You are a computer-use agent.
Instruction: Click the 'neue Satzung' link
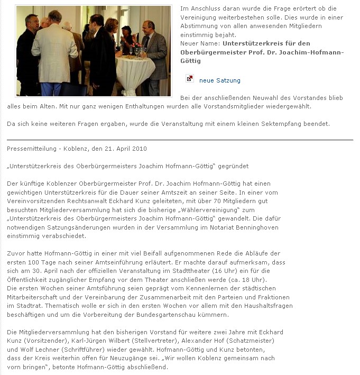point(219,80)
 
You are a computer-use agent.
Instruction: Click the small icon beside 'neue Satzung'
point(190,79)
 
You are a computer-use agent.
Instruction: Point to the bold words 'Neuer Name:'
point(200,43)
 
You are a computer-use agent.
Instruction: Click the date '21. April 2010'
point(125,149)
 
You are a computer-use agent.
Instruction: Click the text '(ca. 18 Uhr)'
point(250,279)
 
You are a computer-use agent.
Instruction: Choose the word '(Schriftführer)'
point(85,349)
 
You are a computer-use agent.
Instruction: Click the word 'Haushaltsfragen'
point(267,306)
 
